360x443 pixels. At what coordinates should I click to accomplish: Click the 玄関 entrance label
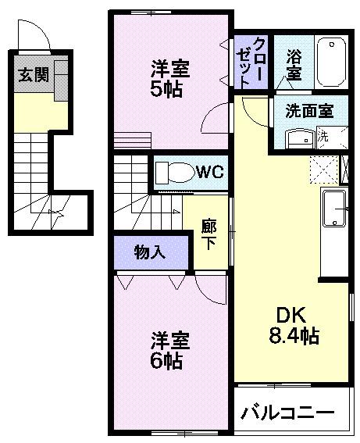pos(31,76)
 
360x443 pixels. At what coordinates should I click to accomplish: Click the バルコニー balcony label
pos(287,412)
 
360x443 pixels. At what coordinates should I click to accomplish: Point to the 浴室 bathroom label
pos(294,64)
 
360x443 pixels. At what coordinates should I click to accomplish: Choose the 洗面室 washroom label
pos(308,110)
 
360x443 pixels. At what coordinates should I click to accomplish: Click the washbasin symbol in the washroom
pos(298,138)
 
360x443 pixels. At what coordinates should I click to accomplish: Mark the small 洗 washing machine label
pos(323,136)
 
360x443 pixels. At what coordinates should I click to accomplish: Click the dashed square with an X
pos(323,167)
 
